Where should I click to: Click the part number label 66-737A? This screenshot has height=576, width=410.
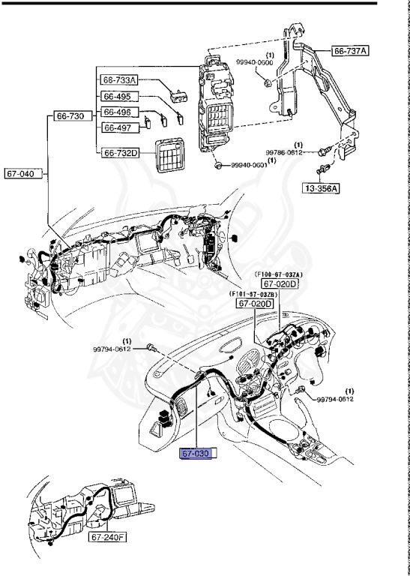pyautogui.click(x=351, y=51)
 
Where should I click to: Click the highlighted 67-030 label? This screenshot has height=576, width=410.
pyautogui.click(x=198, y=454)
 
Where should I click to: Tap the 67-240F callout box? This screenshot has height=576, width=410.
pyautogui.click(x=107, y=538)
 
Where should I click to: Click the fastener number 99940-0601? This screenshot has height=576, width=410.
pyautogui.click(x=249, y=165)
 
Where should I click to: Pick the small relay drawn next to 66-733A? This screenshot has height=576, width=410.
pyautogui.click(x=178, y=94)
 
